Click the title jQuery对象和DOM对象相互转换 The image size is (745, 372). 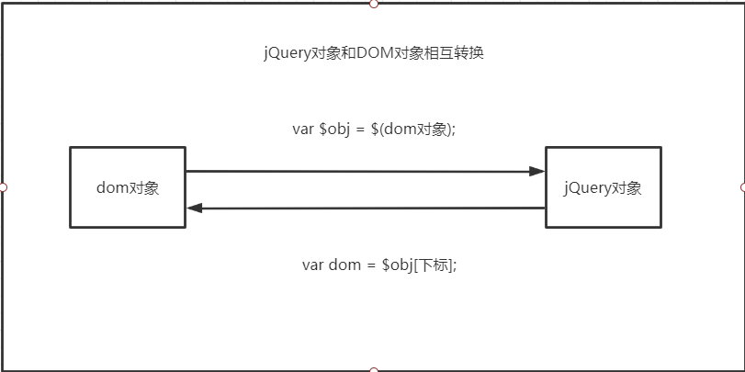[x=373, y=53]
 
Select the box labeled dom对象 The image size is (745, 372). [x=128, y=187]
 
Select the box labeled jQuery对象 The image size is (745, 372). [x=603, y=187]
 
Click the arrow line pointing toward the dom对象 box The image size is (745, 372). [x=367, y=208]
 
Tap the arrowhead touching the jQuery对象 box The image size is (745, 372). [x=537, y=171]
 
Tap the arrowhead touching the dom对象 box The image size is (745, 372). [x=194, y=208]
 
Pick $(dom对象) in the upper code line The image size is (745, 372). [x=418, y=130]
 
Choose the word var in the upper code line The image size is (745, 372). [x=303, y=130]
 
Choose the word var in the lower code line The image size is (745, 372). [x=313, y=265]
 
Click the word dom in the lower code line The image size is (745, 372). [x=345, y=265]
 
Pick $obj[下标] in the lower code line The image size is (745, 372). [x=419, y=265]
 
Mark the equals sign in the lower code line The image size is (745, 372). [x=371, y=265]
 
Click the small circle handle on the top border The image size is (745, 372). [x=373, y=4]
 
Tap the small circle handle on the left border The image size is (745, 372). [x=3, y=187]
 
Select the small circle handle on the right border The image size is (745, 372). [x=742, y=187]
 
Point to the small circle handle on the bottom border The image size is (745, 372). [x=373, y=369]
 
